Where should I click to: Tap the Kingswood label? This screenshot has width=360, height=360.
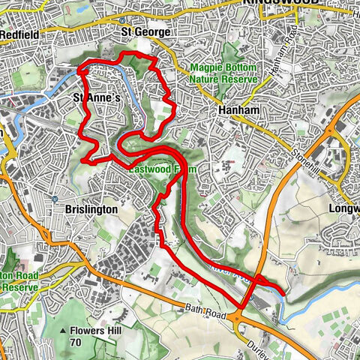tap(281, 4)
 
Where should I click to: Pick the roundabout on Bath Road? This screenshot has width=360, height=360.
tap(238, 319)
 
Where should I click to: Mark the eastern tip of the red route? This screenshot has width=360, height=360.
tap(283, 288)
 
